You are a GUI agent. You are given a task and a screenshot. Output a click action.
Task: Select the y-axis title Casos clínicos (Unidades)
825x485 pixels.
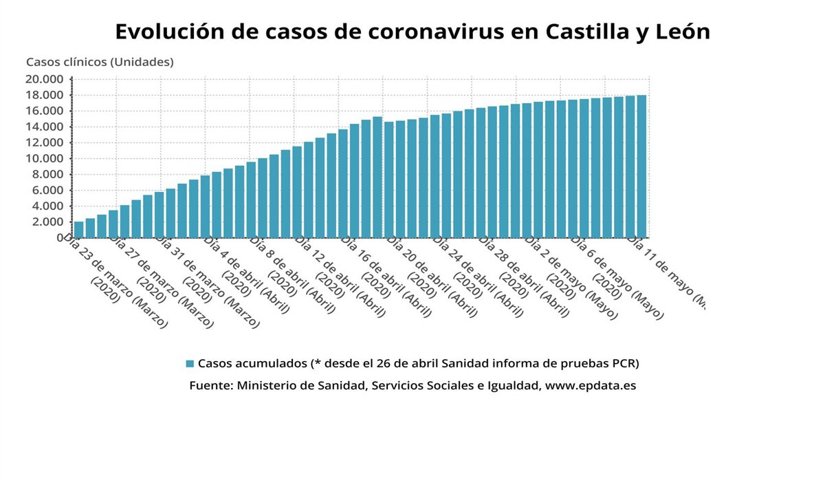tap(100, 62)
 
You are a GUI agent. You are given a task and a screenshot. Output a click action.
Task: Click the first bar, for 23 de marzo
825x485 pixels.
tap(79, 229)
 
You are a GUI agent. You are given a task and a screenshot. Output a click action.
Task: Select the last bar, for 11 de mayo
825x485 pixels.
tap(641, 166)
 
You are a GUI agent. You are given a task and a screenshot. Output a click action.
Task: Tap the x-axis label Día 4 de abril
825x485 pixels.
tap(246, 274)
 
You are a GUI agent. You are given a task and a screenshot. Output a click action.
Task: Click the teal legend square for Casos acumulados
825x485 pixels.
tap(190, 363)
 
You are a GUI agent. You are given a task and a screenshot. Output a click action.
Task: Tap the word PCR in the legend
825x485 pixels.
tap(635, 363)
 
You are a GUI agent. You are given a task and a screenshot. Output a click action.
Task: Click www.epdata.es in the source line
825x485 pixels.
tap(590, 385)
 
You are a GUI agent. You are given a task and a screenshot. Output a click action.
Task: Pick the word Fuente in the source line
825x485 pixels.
tap(209, 385)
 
